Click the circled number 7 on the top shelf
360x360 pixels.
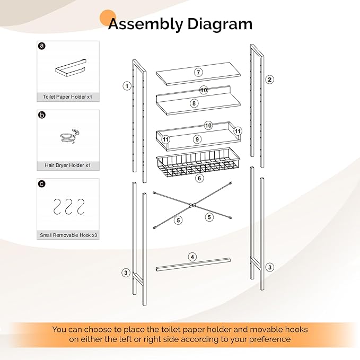pos(198,72)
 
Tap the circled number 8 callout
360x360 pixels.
pos(194,103)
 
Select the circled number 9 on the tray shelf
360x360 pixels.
pos(197,139)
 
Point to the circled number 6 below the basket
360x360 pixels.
pos(199,178)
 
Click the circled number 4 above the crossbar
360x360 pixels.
pos(192,257)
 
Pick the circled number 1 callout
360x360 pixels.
pos(127,86)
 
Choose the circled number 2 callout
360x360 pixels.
pos(269,80)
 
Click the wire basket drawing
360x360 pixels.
pos(198,162)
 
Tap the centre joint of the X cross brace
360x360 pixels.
pos(192,205)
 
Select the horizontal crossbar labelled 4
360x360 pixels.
pos(193,265)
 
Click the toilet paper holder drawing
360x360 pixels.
pos(71,68)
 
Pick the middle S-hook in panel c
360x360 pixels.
pos(68,206)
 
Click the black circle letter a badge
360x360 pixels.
pos(41,46)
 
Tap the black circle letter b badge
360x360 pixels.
pos(41,115)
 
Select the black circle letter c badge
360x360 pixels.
pos(41,183)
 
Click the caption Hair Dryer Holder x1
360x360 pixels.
pos(68,165)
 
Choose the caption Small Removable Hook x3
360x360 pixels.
pos(68,235)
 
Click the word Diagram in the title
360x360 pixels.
pos(220,24)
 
